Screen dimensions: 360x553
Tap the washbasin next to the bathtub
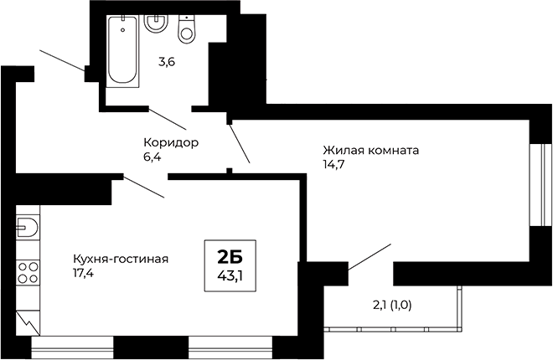[x=156, y=22]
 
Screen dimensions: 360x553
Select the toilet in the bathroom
[x=186, y=28]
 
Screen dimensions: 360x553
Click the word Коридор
[x=171, y=142]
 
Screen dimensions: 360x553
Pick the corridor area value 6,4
[x=152, y=156]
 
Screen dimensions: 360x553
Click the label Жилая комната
[x=370, y=151]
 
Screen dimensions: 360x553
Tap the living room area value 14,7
[x=333, y=164]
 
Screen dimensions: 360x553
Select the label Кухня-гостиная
[x=121, y=259]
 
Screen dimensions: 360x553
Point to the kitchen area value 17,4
[x=84, y=272]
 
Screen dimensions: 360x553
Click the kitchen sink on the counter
[x=28, y=227]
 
